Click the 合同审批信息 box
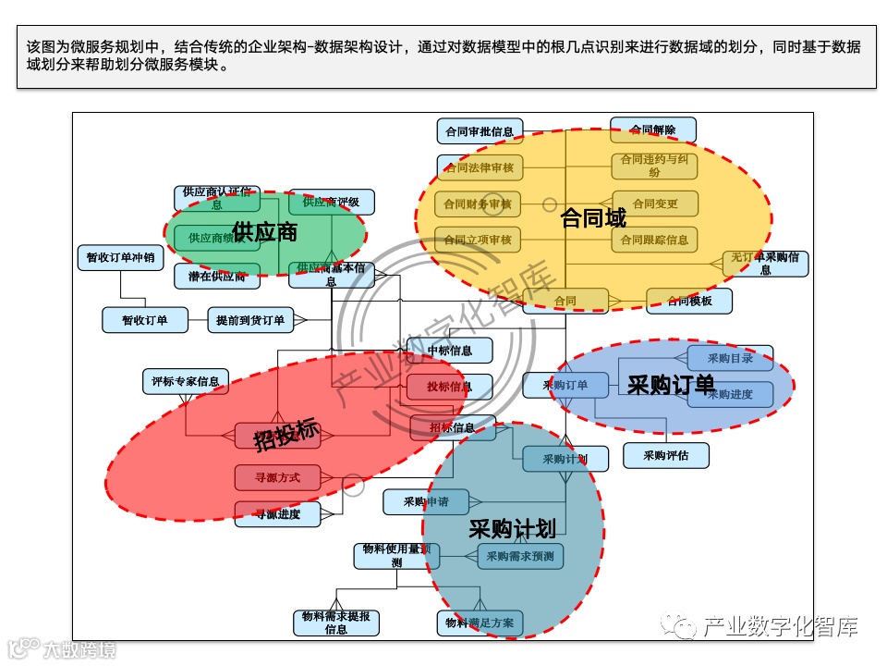pyautogui.click(x=479, y=131)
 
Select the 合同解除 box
pyautogui.click(x=653, y=129)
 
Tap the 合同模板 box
pyautogui.click(x=689, y=301)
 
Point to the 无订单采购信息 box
pyautogui.click(x=765, y=264)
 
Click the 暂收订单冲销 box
pyautogui.click(x=121, y=258)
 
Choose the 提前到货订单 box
pyautogui.click(x=250, y=321)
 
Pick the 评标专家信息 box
pyautogui.click(x=186, y=381)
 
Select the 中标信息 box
pyautogui.click(x=450, y=351)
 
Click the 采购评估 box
pyautogui.click(x=665, y=455)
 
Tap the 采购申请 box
pyautogui.click(x=426, y=502)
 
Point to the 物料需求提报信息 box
pyautogui.click(x=336, y=623)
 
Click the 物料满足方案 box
pyautogui.click(x=480, y=623)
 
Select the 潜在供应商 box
pyautogui.click(x=217, y=277)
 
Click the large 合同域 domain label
pyautogui.click(x=593, y=219)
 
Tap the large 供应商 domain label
pyautogui.click(x=265, y=232)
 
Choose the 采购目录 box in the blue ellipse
pyautogui.click(x=730, y=358)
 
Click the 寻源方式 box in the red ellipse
pyautogui.click(x=277, y=478)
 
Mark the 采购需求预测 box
pyautogui.click(x=520, y=556)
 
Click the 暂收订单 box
pyautogui.click(x=145, y=321)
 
